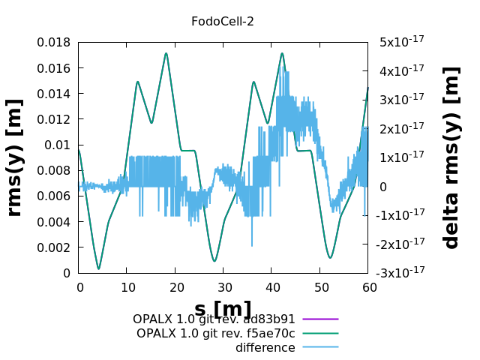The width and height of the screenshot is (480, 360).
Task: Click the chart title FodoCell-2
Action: (222, 22)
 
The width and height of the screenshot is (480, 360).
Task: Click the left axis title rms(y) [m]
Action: (14, 158)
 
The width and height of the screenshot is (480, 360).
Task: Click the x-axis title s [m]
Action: (223, 309)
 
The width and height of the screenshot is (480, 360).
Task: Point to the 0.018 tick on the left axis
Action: (53, 43)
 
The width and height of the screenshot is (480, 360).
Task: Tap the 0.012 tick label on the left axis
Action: (53, 119)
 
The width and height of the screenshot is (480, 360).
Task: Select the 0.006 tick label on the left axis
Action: (53, 196)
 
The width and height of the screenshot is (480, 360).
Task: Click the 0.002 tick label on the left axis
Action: (53, 247)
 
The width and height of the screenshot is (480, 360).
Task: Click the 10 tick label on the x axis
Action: (127, 287)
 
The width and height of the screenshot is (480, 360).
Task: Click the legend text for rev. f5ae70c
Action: (215, 334)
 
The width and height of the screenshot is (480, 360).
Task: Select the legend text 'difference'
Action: (265, 348)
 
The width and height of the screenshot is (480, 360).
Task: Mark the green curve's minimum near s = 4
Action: (98, 268)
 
